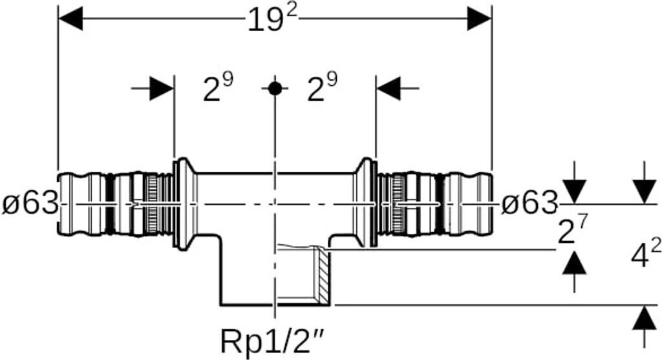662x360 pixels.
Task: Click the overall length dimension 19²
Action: click(272, 19)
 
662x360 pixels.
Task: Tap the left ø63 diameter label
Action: click(30, 204)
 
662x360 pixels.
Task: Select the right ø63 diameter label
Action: click(529, 204)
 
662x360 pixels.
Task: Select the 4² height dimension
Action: click(646, 253)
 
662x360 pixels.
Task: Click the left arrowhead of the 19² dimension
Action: click(70, 19)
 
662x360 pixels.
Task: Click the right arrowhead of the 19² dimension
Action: click(479, 19)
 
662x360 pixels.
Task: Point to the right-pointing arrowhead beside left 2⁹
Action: click(162, 88)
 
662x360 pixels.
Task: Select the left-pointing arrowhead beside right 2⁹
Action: click(389, 88)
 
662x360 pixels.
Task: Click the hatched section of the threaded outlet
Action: click(323, 275)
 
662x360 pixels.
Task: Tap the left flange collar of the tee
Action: click(185, 204)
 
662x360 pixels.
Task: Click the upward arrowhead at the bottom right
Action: click(645, 318)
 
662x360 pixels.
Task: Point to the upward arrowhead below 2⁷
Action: click(575, 263)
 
